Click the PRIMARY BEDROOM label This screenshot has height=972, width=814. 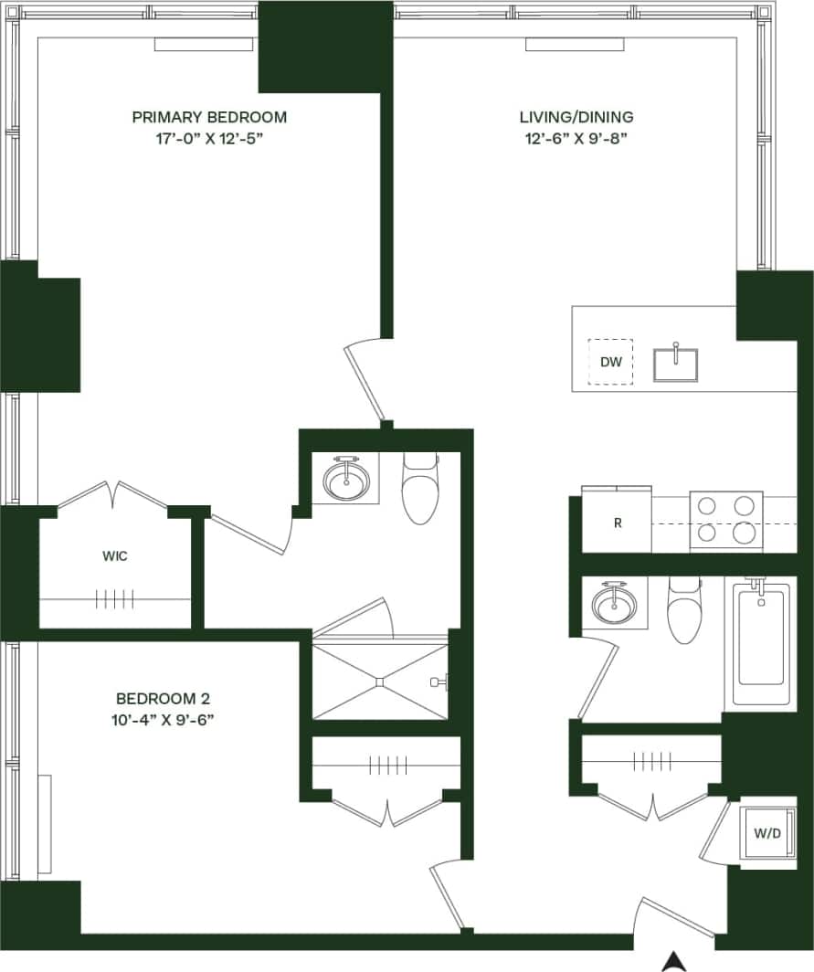click(x=209, y=117)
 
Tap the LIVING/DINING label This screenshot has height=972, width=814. click(x=576, y=117)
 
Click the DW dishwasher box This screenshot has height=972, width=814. click(x=611, y=363)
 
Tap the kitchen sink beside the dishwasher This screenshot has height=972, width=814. click(x=676, y=364)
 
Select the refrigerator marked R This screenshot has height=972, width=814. click(x=618, y=523)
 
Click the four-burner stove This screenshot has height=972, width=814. click(x=725, y=520)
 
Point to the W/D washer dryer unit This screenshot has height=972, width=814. click(x=765, y=833)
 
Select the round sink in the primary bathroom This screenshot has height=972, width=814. click(x=346, y=480)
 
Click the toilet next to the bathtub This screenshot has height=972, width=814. click(x=683, y=610)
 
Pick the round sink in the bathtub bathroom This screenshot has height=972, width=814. click(x=609, y=604)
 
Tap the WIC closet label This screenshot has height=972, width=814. click(x=114, y=556)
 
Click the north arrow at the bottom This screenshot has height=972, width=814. click(x=674, y=960)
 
